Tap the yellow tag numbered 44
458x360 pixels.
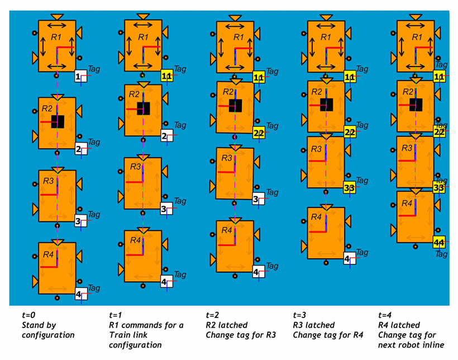pyautogui.click(x=440, y=243)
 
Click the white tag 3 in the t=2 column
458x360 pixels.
pyautogui.click(x=257, y=198)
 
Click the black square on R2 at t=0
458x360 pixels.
pyautogui.click(x=58, y=121)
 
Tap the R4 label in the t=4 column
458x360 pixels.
pyautogui.click(x=407, y=204)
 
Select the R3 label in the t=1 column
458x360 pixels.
pyautogui.click(x=136, y=167)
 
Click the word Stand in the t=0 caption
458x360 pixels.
pyautogui.click(x=33, y=325)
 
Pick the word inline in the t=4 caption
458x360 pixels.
pyautogui.click(x=432, y=345)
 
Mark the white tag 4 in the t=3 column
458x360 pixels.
pyautogui.click(x=347, y=259)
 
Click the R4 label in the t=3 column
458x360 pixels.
pyautogui.click(x=317, y=217)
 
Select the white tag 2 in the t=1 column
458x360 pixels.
pyautogui.click(x=165, y=136)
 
